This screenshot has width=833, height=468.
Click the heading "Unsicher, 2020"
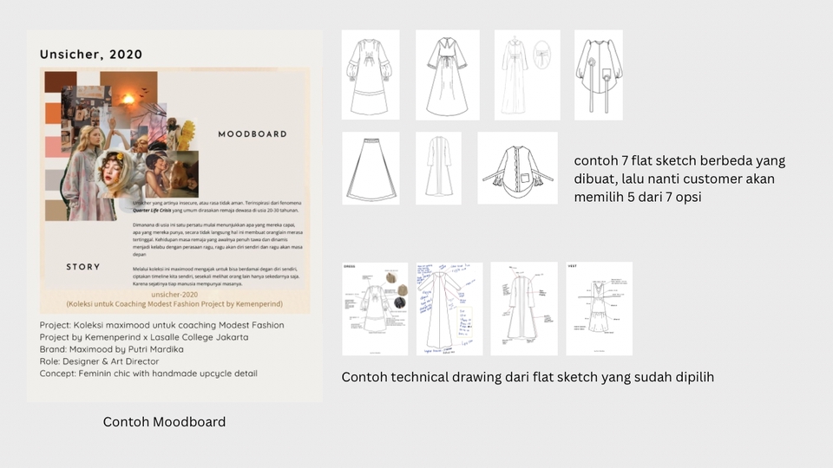[x=91, y=55]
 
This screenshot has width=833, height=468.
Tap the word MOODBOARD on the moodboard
[x=252, y=134]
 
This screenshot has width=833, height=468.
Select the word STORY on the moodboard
[x=83, y=267]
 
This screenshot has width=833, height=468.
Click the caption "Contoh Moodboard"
[x=164, y=422]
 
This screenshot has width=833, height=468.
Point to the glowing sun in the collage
[x=139, y=91]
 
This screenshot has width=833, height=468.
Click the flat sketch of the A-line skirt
[x=371, y=168]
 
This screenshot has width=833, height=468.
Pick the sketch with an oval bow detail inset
[x=527, y=75]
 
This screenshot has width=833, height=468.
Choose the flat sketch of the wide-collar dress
[x=447, y=75]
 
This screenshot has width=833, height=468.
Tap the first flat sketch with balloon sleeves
[x=371, y=75]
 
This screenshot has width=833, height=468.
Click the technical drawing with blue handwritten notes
[x=449, y=309]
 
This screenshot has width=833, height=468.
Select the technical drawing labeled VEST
[x=599, y=309]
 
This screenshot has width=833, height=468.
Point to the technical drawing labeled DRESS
[x=374, y=309]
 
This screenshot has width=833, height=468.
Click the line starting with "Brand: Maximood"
[x=112, y=349]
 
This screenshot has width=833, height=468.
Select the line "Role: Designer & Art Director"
[x=100, y=361]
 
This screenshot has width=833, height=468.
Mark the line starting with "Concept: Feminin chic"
[x=148, y=374]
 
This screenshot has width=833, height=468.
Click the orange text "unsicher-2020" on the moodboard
[x=175, y=295]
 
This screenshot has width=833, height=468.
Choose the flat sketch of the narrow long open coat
[x=438, y=168]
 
